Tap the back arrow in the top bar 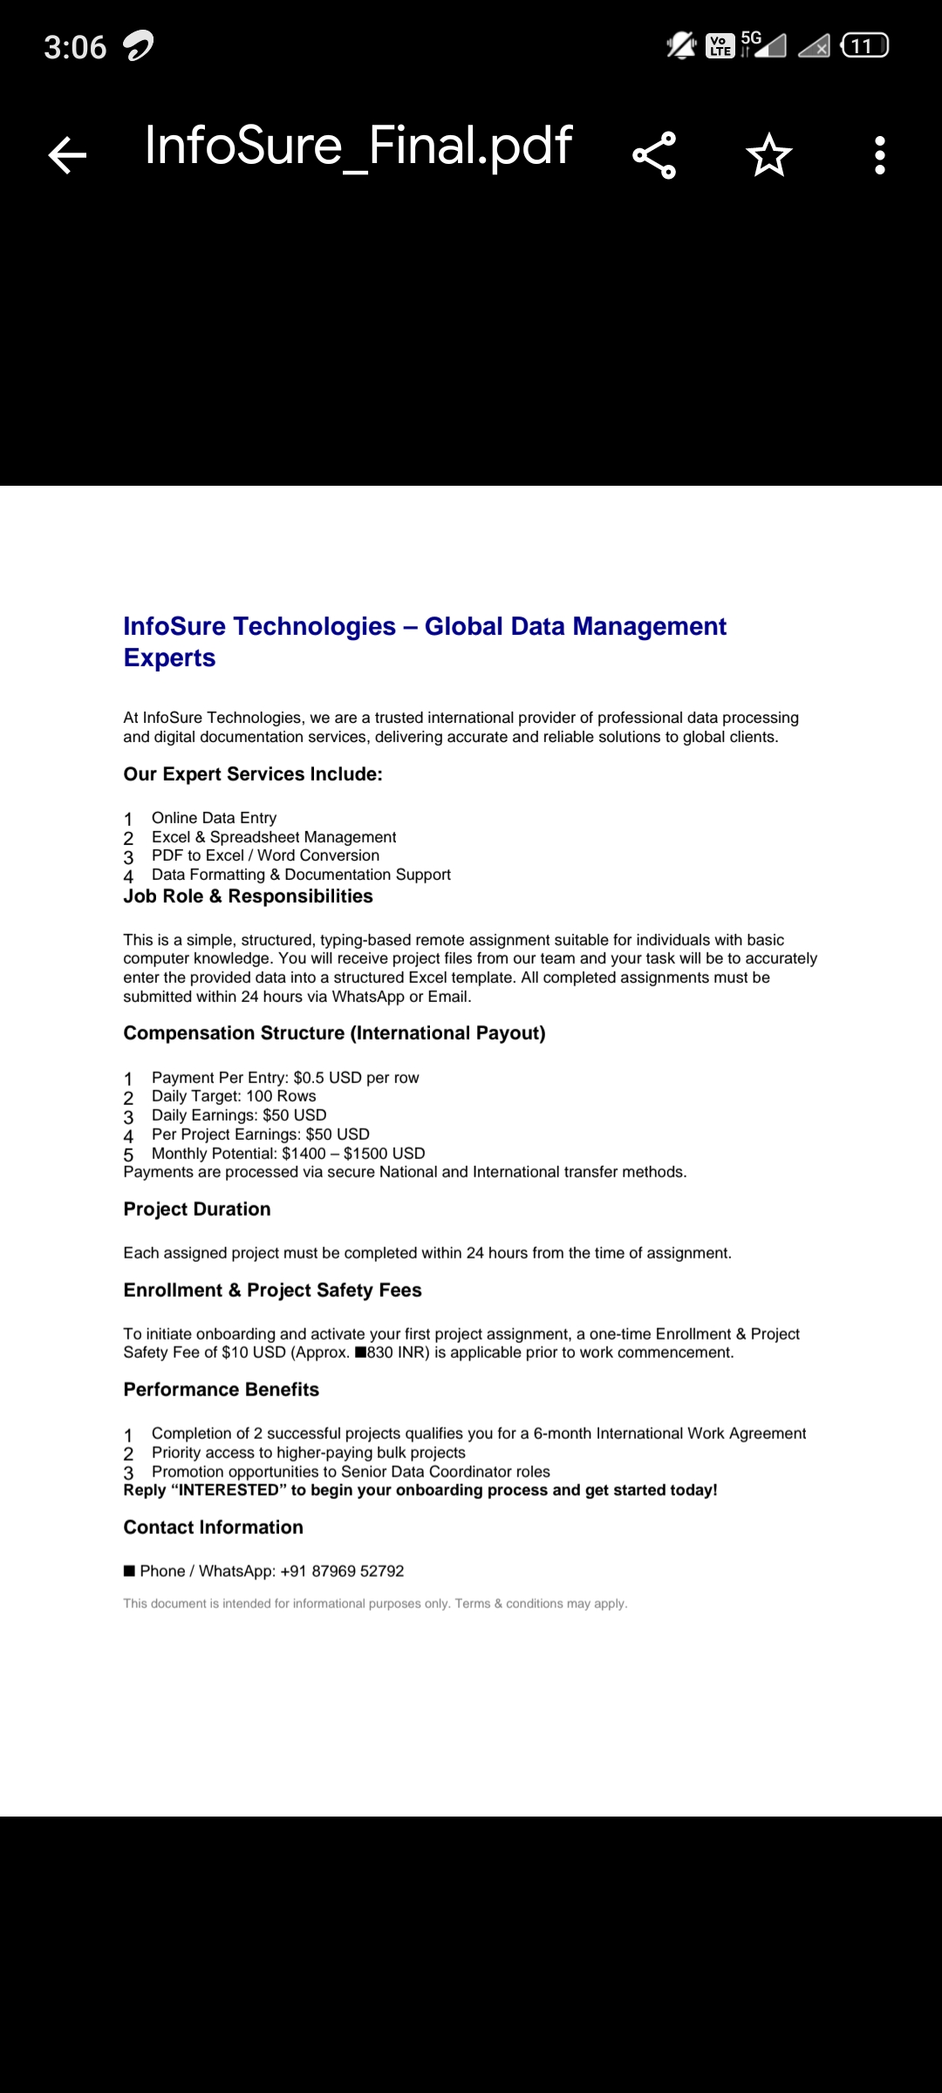[67, 156]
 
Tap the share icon [654, 155]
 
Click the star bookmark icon [768, 155]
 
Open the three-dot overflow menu [880, 155]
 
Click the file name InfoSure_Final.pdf [358, 146]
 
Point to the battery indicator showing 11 [863, 45]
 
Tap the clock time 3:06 [75, 47]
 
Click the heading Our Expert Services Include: [253, 774]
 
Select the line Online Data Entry [214, 818]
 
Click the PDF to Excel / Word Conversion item [265, 856]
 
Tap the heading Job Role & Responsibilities [248, 897]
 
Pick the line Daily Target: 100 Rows [234, 1096]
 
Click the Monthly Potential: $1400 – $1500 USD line [288, 1153]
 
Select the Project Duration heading [197, 1210]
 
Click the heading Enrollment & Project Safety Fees [272, 1291]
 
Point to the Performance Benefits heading [222, 1390]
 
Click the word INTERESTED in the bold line [228, 1490]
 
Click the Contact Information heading [214, 1528]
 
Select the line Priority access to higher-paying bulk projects [309, 1453]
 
